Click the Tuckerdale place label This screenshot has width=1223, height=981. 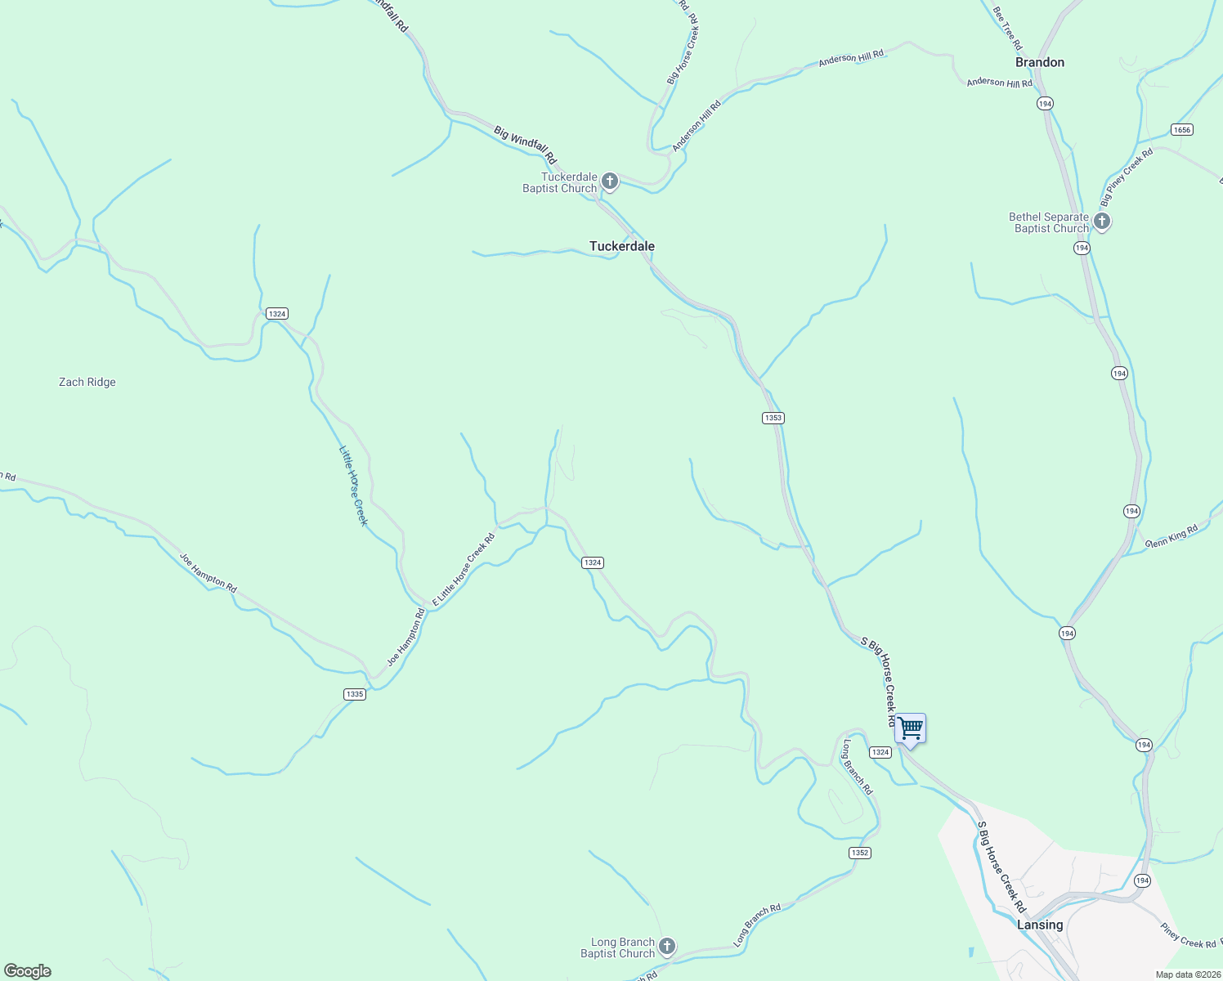(x=621, y=246)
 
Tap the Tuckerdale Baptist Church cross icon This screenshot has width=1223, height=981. (x=609, y=181)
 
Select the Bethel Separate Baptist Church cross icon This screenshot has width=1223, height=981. (x=1101, y=221)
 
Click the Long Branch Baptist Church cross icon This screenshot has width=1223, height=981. (x=667, y=947)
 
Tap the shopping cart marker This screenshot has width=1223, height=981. (x=910, y=728)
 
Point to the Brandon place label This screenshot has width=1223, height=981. (x=1039, y=62)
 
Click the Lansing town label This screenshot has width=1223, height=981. (x=1040, y=925)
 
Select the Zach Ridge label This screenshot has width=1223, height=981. (x=87, y=382)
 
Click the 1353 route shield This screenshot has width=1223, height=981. (x=773, y=418)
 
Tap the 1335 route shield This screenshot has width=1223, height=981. (x=354, y=694)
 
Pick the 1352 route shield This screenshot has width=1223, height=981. (x=859, y=853)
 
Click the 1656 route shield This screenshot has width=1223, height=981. (x=1181, y=129)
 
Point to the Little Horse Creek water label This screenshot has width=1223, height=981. (x=353, y=486)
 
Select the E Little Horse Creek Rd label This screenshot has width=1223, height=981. (x=464, y=570)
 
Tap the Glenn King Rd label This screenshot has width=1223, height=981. (x=1171, y=536)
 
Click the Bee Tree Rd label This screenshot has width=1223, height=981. (x=1006, y=29)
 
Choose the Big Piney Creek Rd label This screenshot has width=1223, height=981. (x=1126, y=177)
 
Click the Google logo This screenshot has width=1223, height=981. (x=28, y=971)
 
